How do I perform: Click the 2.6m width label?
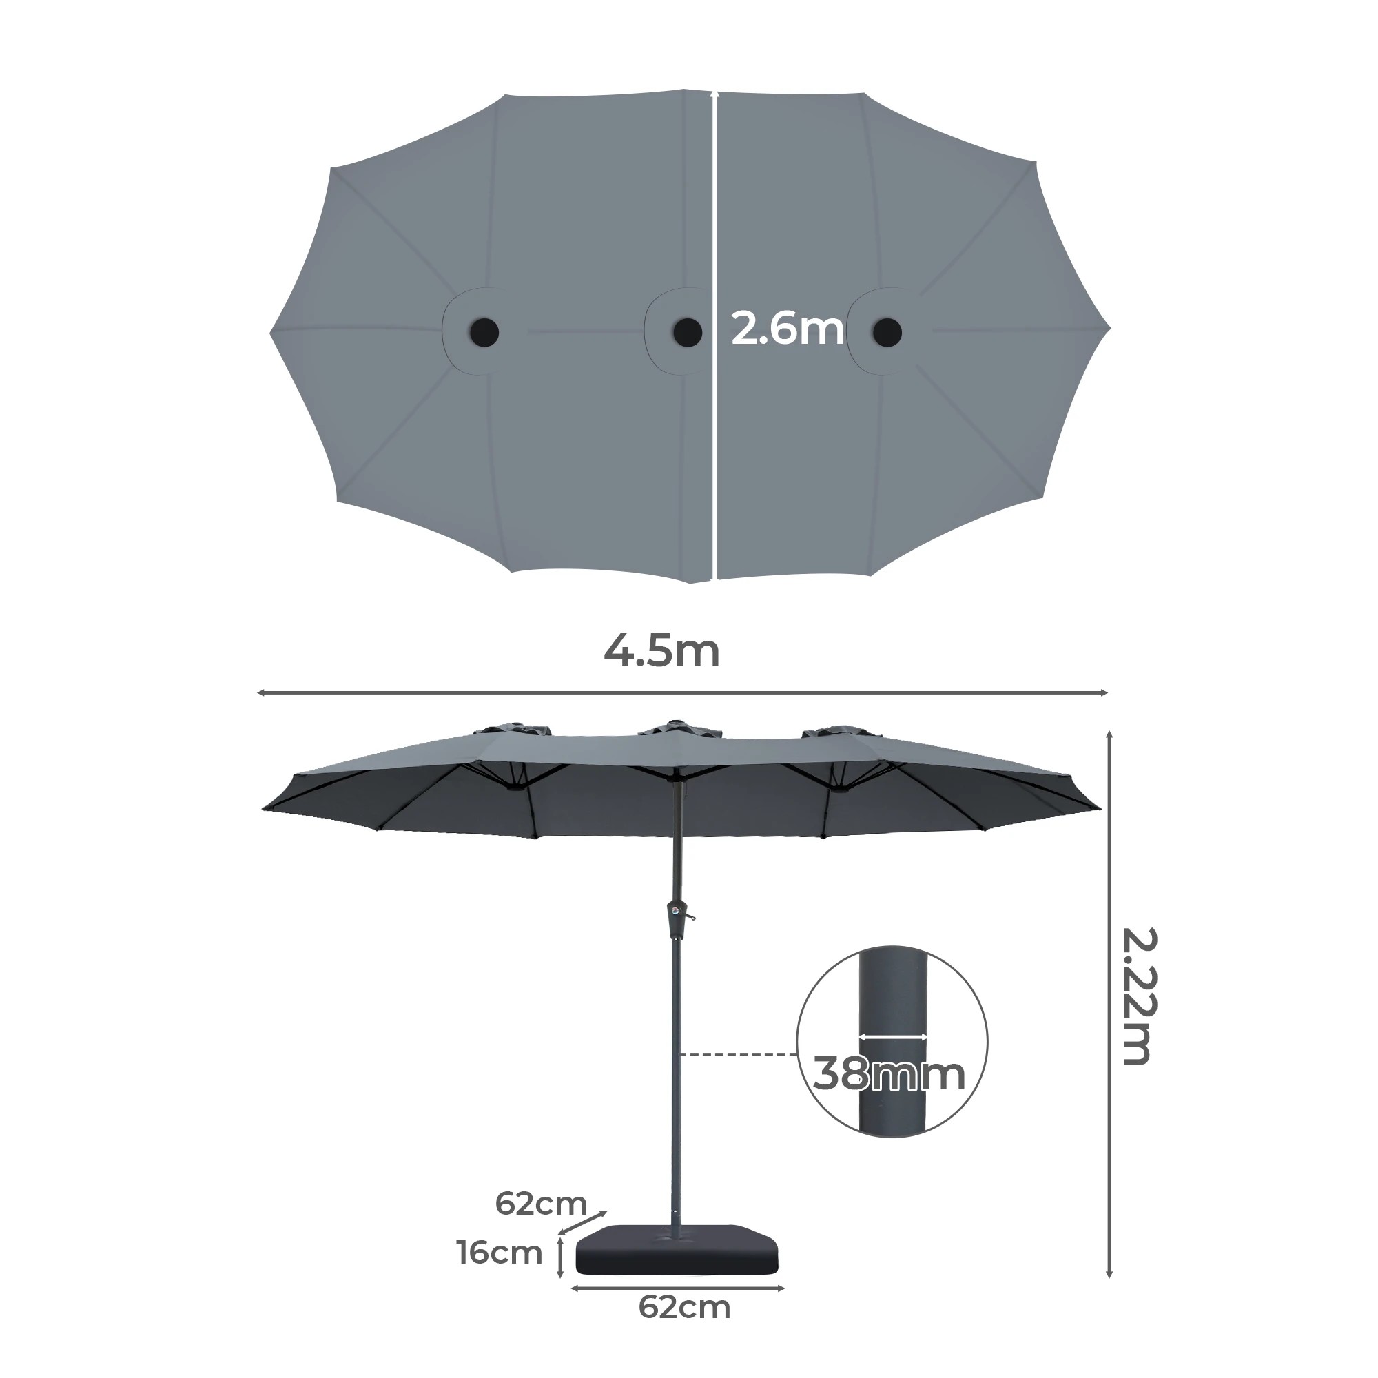coord(788,329)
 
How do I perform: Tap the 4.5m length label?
coord(662,651)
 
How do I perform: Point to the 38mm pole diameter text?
coord(889,1073)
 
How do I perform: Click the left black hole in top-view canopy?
coord(484,331)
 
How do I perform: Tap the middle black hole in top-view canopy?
coord(688,331)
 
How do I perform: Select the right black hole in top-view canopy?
coord(887,331)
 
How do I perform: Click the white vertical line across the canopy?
coord(714,336)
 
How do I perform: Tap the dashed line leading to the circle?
coord(738,1054)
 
